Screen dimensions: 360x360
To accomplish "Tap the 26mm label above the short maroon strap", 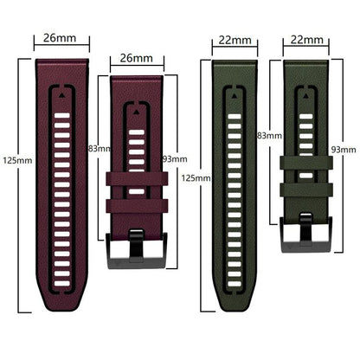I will [x=137, y=58].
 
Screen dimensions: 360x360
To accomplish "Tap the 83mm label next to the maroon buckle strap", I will [x=100, y=149].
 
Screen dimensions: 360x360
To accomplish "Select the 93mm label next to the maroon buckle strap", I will [x=174, y=158].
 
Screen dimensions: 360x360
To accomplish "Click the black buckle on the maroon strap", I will [x=137, y=239].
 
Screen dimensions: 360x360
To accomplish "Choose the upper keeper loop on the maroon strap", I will [x=137, y=179].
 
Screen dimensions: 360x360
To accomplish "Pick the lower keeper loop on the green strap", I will [x=303, y=189].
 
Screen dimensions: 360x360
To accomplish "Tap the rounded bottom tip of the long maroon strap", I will [x=61, y=305].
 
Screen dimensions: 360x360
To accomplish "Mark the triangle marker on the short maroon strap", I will [x=137, y=111].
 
